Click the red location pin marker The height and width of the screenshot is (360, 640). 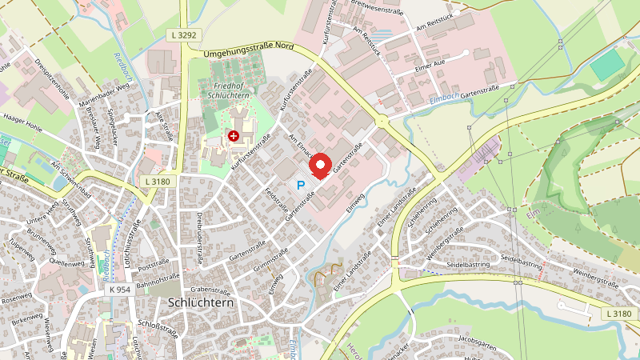[x=320, y=166]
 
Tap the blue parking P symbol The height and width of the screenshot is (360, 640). [x=302, y=186]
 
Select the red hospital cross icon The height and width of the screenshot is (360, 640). [x=234, y=137]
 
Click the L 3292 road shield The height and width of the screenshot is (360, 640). [x=184, y=36]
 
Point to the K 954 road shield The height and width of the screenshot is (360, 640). [x=121, y=289]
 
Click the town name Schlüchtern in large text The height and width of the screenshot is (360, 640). [x=201, y=302]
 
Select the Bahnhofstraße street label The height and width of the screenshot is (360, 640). [x=157, y=282]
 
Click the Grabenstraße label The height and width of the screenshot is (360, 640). [x=211, y=290]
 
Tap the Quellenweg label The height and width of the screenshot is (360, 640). [x=66, y=261]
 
